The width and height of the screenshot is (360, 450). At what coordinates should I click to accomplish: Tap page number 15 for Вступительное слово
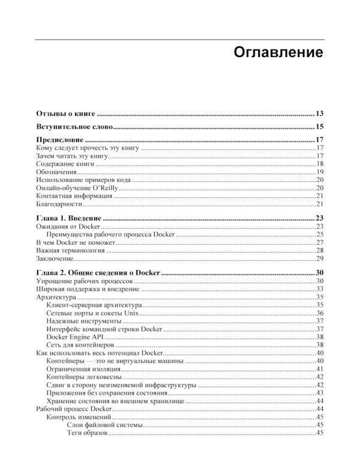tap(320, 127)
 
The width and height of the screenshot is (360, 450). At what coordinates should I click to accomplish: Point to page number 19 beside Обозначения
tap(320, 172)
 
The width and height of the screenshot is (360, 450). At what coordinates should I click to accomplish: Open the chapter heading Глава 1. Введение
tap(70, 218)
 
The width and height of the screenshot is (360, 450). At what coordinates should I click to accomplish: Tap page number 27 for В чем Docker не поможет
tap(320, 242)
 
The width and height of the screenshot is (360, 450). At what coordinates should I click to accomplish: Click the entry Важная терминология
tap(71, 250)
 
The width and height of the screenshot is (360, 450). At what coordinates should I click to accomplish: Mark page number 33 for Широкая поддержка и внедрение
tap(320, 289)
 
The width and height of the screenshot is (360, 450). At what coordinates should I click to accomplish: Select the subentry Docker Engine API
tap(71, 337)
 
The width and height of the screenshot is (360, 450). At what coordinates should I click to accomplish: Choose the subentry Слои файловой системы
tap(104, 425)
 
